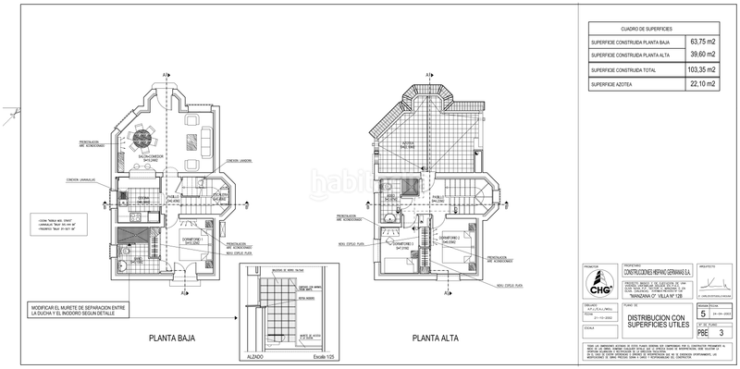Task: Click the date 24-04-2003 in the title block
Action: tap(721, 314)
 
